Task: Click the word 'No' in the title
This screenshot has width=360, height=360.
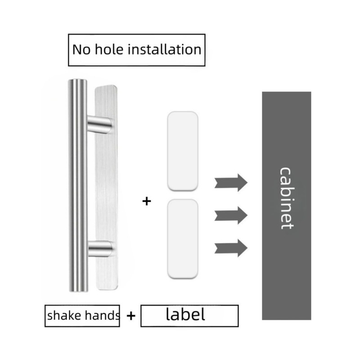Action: click(81, 49)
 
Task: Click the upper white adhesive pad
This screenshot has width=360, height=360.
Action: click(183, 151)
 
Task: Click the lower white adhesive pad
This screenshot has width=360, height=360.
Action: click(183, 239)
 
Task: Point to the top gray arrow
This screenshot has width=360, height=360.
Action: click(231, 183)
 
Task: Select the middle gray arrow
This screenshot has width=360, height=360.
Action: click(231, 216)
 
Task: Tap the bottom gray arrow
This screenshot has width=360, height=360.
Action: click(231, 248)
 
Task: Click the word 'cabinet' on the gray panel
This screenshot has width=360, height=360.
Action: click(287, 198)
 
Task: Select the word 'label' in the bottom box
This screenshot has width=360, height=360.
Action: click(185, 314)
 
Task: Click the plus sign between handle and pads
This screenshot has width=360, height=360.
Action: click(147, 201)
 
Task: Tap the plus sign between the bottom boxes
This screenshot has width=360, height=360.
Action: click(131, 316)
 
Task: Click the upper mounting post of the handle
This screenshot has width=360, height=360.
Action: click(99, 124)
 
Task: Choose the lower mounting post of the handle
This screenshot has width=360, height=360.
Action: click(100, 249)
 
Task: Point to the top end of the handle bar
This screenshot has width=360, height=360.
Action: click(77, 80)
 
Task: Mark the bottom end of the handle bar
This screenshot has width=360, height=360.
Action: click(78, 291)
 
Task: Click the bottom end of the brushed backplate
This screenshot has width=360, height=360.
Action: click(107, 288)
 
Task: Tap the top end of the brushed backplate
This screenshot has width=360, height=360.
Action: click(106, 86)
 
